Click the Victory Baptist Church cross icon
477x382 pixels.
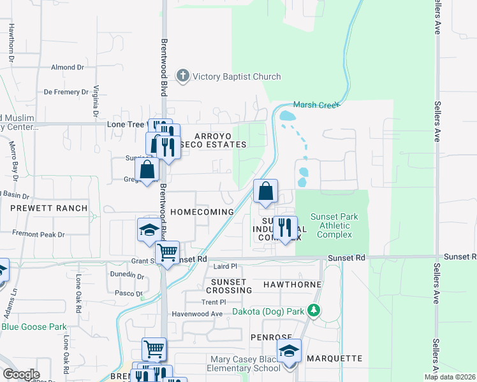point(182,76)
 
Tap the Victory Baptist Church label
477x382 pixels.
point(237,77)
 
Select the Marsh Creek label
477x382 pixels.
point(317,105)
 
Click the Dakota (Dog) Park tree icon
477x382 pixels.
point(313,310)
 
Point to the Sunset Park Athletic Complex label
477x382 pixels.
point(334,225)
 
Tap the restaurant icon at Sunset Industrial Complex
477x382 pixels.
point(285,228)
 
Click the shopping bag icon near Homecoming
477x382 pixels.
point(266,191)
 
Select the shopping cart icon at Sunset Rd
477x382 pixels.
point(167,252)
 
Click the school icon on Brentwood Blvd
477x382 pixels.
point(149,230)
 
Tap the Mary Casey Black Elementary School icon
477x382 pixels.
point(289,351)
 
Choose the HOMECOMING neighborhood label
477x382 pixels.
point(202,211)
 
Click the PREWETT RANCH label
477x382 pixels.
point(48,208)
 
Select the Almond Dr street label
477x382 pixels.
point(68,67)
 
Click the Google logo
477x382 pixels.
point(21,374)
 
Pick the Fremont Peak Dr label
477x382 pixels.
point(38,234)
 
